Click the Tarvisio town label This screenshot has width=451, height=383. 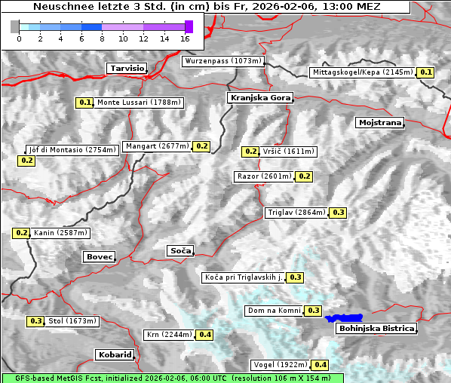(127, 68)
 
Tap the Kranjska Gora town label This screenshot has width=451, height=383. (259, 98)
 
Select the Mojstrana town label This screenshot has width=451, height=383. (380, 122)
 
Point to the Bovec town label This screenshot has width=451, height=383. (99, 256)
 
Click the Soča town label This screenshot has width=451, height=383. (180, 250)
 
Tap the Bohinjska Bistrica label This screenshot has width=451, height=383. (376, 328)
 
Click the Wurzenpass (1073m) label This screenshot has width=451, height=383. (223, 61)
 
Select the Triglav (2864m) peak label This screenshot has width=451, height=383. (296, 213)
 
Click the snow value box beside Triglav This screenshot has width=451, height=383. (339, 213)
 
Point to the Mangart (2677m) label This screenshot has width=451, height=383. (157, 146)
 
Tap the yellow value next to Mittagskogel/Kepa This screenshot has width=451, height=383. (426, 72)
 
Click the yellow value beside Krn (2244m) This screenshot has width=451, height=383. (205, 335)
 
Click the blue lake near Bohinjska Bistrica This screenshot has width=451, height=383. (344, 318)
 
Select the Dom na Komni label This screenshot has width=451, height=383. (274, 311)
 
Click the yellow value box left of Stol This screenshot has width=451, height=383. (35, 321)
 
